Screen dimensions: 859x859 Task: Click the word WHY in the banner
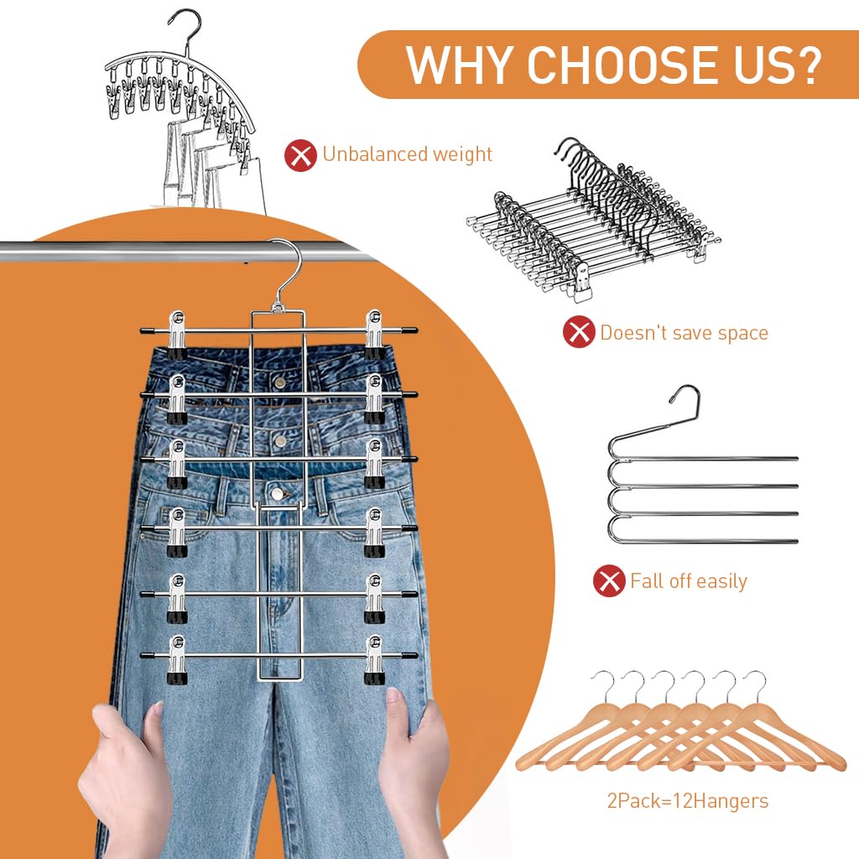[460, 64]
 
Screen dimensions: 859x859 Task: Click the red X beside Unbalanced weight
[300, 154]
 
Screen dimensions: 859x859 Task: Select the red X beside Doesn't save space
[578, 333]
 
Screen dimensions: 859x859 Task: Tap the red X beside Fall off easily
[609, 580]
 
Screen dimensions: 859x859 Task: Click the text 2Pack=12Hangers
[687, 801]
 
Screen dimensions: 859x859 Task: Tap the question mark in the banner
[806, 64]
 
